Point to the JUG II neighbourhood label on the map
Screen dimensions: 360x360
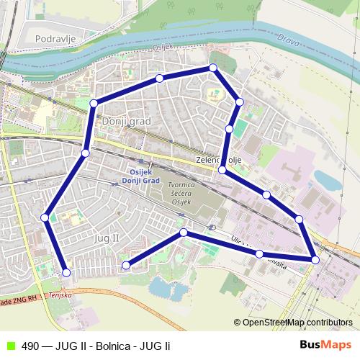106,237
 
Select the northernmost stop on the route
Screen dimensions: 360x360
212,68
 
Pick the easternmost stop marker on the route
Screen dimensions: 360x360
315,259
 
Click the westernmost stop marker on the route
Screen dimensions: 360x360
45,217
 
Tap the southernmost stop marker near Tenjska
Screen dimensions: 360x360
66,272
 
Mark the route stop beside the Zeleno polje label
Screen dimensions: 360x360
222,170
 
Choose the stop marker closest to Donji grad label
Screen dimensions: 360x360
94,104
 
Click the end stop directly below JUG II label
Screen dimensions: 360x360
126,265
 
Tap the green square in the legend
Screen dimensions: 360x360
10,345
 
